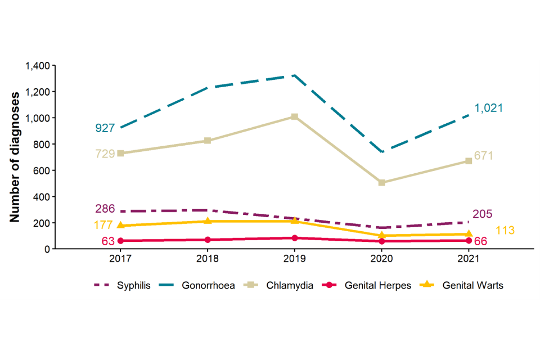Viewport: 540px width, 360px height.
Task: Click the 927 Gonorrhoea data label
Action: click(x=105, y=128)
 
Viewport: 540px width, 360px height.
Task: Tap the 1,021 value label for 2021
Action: click(x=488, y=108)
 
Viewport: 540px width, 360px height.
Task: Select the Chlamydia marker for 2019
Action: click(x=294, y=117)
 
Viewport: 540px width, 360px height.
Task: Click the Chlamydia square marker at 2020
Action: click(x=381, y=183)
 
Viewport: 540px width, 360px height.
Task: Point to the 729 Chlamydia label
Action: click(x=105, y=154)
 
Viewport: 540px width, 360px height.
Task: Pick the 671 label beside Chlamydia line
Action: click(x=484, y=156)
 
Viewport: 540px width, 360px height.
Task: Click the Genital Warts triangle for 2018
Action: click(x=208, y=221)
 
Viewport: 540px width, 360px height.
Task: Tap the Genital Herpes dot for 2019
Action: click(x=294, y=238)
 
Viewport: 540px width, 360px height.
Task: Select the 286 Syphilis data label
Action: click(x=105, y=209)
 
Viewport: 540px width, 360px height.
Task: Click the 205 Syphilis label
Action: click(x=483, y=214)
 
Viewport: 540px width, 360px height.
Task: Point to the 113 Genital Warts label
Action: click(x=505, y=231)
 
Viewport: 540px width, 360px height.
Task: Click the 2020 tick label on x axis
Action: click(x=381, y=259)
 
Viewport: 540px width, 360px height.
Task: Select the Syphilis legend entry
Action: click(x=122, y=285)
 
